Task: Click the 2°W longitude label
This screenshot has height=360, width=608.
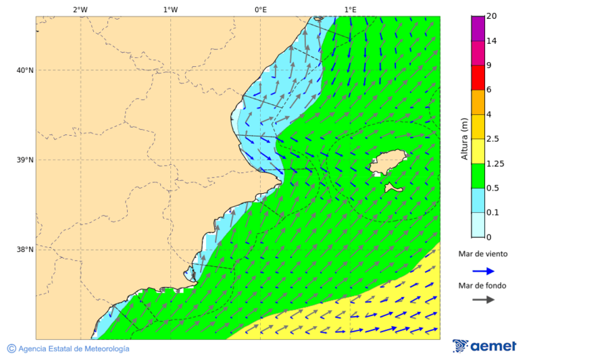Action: click(x=80, y=9)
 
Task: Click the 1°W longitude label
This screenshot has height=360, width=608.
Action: click(x=170, y=9)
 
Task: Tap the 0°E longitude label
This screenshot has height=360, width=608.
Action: click(x=260, y=9)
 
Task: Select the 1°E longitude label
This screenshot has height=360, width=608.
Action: click(x=350, y=9)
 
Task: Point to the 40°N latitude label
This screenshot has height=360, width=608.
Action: click(x=25, y=70)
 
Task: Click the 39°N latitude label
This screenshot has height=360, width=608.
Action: click(x=25, y=160)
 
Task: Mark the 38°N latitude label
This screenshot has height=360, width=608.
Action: click(x=25, y=250)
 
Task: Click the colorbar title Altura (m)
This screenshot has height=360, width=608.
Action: click(x=464, y=138)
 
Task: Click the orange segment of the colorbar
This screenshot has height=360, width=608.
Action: click(x=478, y=102)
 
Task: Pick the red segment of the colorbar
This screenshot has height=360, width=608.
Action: click(x=478, y=77)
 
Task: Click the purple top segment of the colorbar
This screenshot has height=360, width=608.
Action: click(x=478, y=28)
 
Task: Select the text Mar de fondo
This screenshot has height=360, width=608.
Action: click(x=482, y=286)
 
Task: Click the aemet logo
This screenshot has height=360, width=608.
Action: click(x=484, y=346)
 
